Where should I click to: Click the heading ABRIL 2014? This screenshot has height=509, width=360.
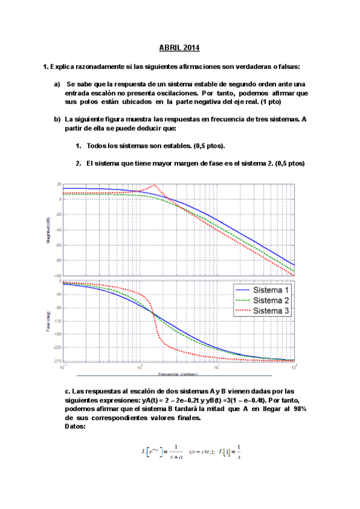point(179,47)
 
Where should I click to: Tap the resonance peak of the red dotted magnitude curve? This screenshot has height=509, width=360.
point(155,185)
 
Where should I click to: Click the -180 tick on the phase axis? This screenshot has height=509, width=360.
point(57,334)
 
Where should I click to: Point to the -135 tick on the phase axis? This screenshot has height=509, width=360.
point(57,321)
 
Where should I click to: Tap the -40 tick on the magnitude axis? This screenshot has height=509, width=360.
point(58,229)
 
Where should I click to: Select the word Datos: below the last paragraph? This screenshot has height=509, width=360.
point(74,427)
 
